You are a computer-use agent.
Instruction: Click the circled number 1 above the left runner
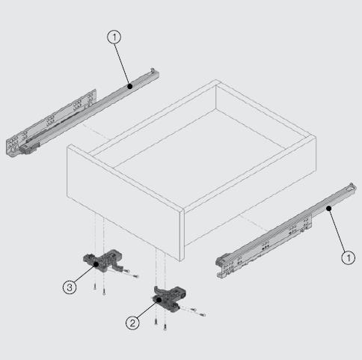pos(114,37)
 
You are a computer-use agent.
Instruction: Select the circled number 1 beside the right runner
pos(348,257)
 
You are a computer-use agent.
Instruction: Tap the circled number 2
pos(132,323)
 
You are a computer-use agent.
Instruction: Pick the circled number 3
pos(70,287)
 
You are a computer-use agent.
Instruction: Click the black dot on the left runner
pos(129,86)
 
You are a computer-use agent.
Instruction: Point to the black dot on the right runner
pos(329,208)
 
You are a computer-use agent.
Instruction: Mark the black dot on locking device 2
pos(159,299)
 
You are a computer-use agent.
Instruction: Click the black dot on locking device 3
pos(96,264)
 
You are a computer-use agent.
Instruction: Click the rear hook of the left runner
pos(154,71)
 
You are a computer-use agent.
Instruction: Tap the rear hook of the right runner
pos(352,187)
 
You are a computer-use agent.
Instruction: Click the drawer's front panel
pos(125,202)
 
